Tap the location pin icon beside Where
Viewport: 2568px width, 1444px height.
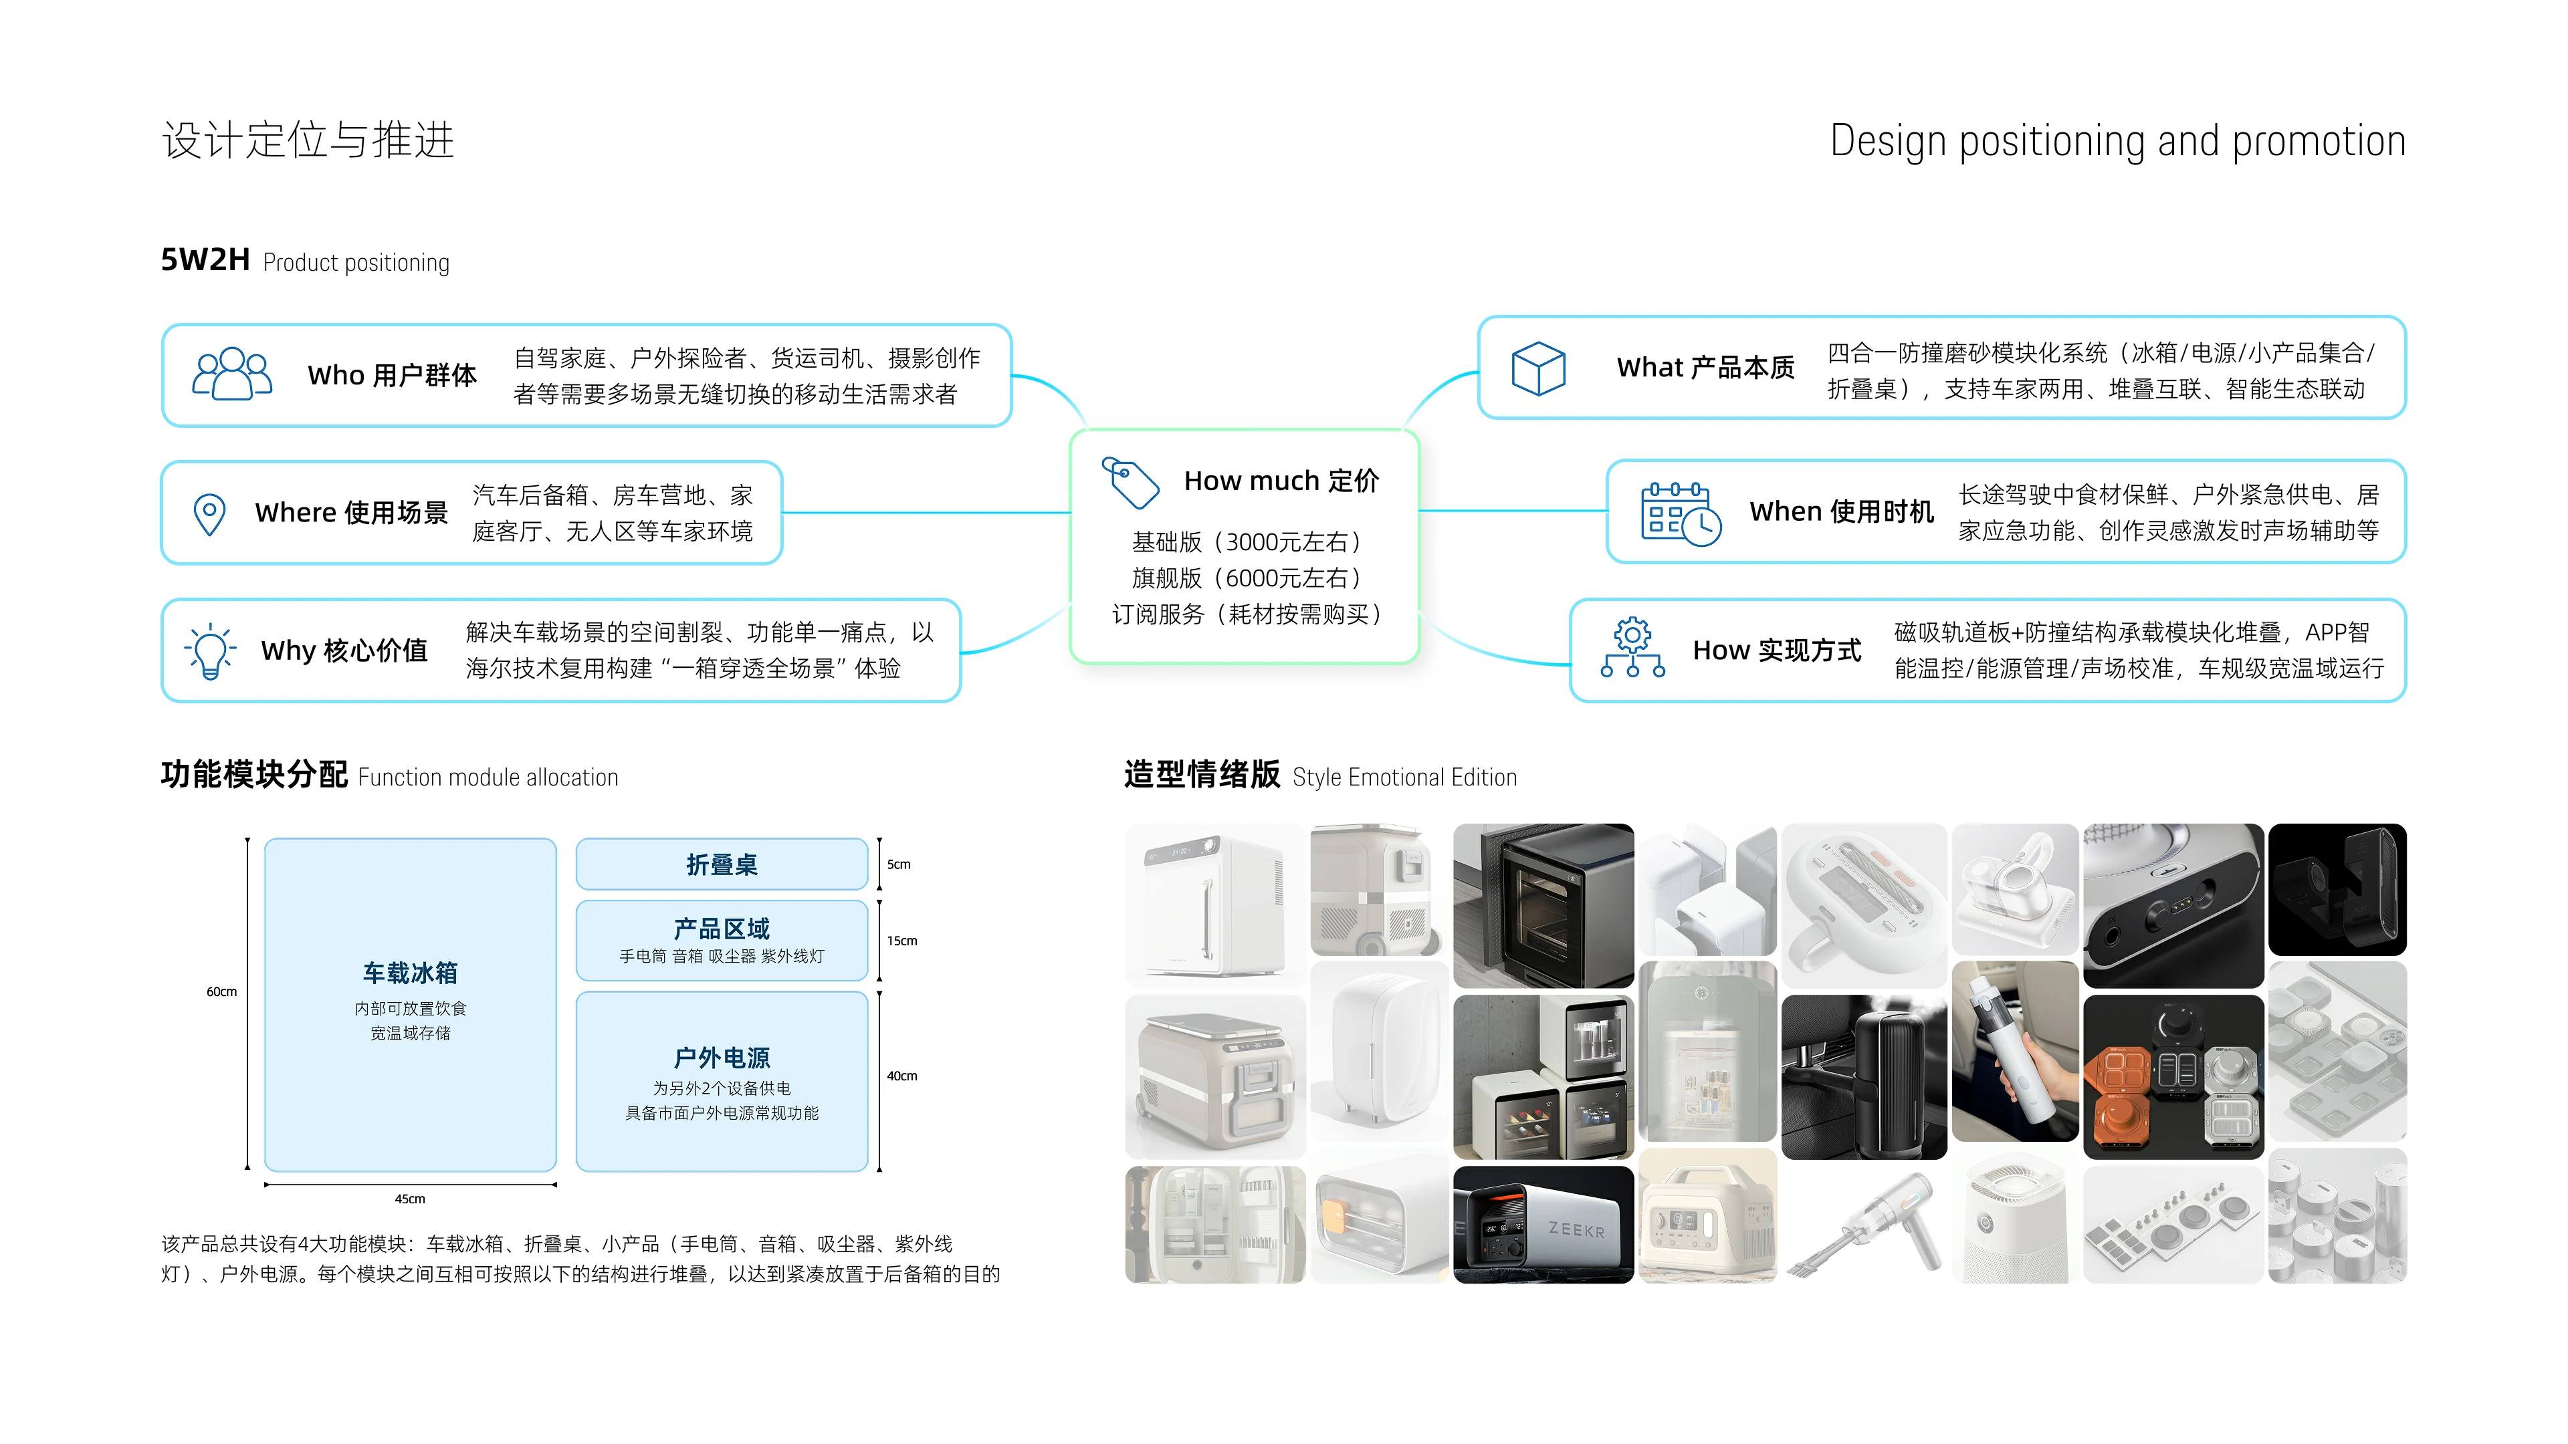(209, 514)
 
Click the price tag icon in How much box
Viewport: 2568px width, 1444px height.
(1130, 482)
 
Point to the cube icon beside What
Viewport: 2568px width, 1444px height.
(1538, 369)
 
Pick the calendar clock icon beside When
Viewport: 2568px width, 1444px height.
(1681, 513)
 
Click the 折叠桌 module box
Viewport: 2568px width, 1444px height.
(722, 864)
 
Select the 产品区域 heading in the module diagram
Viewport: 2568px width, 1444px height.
(722, 929)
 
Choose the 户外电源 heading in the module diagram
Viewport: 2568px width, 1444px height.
(722, 1058)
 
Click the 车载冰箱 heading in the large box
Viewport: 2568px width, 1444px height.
(410, 973)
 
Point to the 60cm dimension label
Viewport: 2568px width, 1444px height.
(221, 991)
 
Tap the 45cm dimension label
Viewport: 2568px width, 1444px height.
(410, 1199)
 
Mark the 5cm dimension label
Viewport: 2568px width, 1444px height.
(898, 864)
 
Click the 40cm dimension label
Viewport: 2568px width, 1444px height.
(902, 1075)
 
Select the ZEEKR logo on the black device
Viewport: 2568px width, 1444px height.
(1576, 1230)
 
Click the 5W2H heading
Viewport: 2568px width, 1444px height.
(205, 260)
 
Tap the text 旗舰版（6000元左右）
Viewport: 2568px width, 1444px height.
(1246, 578)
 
